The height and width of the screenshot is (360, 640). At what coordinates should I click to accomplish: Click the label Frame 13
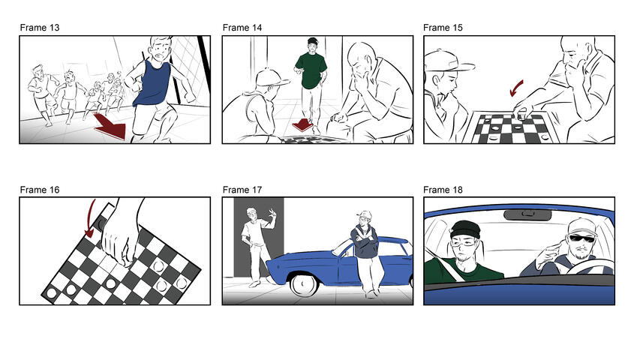[40, 28]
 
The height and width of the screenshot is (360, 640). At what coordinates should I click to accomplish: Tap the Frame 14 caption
[242, 28]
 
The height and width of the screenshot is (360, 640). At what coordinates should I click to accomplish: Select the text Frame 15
[443, 28]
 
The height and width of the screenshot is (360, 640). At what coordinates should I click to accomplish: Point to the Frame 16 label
[40, 190]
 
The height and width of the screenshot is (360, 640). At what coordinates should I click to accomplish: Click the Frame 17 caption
[242, 190]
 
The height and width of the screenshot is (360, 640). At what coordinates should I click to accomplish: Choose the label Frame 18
[443, 190]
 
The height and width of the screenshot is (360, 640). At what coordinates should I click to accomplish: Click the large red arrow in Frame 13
[109, 125]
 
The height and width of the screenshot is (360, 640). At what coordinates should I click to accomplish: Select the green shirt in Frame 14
[311, 72]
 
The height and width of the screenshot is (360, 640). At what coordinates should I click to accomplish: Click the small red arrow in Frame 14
[301, 124]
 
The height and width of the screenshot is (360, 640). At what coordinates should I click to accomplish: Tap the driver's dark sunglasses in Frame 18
[582, 238]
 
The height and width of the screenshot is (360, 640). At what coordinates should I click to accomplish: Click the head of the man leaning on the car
[364, 220]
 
